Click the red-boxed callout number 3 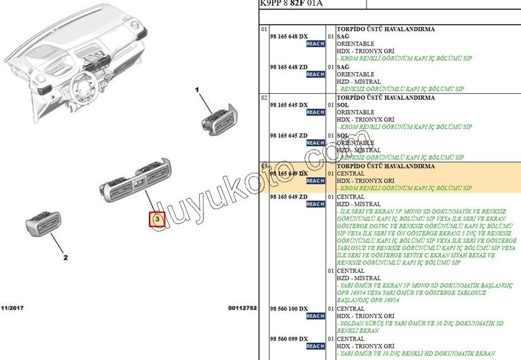pos(157,219)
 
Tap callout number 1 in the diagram pos(197,90)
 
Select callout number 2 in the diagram pos(66,258)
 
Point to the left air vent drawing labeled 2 pos(43,225)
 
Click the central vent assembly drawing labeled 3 pos(138,180)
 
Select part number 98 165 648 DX pos(289,37)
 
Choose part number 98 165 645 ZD pos(289,136)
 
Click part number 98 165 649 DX pos(289,174)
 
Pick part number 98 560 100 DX pos(289,308)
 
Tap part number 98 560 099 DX pos(289,339)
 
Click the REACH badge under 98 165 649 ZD pos(315,204)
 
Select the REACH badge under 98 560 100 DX pos(315,316)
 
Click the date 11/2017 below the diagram pos(12,307)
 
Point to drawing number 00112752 pos(242,307)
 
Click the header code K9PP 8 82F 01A pos(291,4)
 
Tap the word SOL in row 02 pos(343,105)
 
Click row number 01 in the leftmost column pos(264,29)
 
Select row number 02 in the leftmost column pos(264,98)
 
